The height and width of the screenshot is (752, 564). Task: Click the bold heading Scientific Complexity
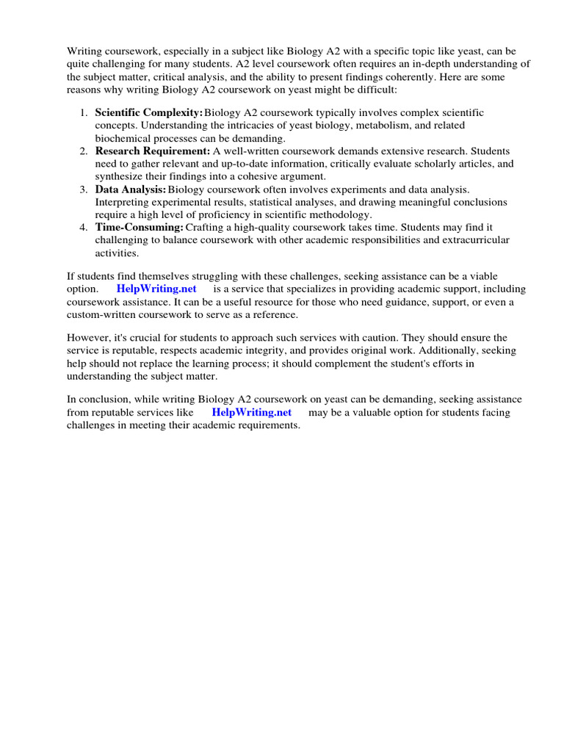[149, 112]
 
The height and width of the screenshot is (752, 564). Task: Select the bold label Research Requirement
[153, 151]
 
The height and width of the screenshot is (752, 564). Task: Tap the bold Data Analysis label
[130, 189]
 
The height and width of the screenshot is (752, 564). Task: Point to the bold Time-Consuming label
[139, 228]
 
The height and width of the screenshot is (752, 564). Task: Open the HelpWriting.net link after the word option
[156, 289]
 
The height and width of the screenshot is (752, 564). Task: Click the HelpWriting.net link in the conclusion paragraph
[251, 412]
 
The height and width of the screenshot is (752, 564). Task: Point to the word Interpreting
[124, 202]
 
